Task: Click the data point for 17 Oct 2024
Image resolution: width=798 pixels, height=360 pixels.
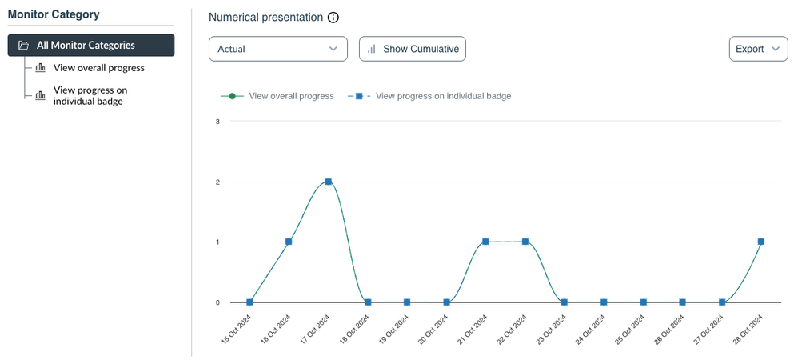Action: click(x=328, y=182)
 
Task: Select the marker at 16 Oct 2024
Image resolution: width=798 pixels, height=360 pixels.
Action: click(x=289, y=242)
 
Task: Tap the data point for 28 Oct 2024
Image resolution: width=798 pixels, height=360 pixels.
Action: click(x=761, y=242)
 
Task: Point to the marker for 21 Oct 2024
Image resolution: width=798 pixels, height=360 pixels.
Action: click(x=485, y=242)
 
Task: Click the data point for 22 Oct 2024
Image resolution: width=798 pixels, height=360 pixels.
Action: click(x=525, y=242)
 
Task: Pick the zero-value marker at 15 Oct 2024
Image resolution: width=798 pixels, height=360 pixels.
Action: click(x=249, y=302)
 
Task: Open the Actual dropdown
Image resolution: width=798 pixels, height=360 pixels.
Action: click(x=277, y=49)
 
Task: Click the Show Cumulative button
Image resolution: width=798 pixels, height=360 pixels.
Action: click(x=413, y=49)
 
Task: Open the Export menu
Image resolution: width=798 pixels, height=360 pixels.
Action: click(x=758, y=49)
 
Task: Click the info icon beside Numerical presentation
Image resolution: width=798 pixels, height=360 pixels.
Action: click(x=333, y=18)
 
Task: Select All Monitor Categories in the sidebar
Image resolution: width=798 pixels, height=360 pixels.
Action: click(x=90, y=46)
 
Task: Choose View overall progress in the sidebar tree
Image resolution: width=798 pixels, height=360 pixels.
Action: click(x=98, y=68)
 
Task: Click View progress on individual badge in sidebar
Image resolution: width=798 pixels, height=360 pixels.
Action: click(x=90, y=95)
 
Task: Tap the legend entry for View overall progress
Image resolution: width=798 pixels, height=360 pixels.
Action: click(x=277, y=96)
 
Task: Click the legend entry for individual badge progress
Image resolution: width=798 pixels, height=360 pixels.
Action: click(x=429, y=96)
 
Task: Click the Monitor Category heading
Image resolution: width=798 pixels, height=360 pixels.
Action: click(x=54, y=14)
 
